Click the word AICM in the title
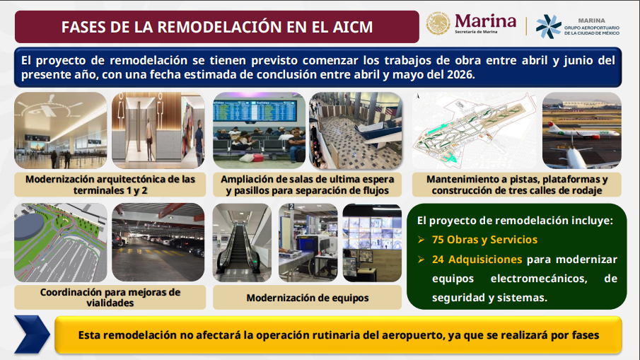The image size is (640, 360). click(x=353, y=27)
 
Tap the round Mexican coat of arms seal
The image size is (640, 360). click(x=438, y=23)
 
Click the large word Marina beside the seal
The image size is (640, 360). click(x=485, y=21)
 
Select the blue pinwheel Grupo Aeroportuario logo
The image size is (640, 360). click(x=548, y=26)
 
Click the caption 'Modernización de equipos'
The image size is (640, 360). click(x=308, y=298)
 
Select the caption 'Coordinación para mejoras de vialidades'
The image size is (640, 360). click(x=110, y=297)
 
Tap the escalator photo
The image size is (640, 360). click(x=242, y=243)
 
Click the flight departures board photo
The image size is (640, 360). click(x=260, y=131)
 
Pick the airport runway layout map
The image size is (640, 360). click(x=475, y=131)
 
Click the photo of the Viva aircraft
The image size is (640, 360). click(x=581, y=131)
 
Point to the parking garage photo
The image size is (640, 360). click(x=158, y=243)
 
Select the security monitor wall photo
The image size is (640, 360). click(x=372, y=243)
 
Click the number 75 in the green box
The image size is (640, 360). click(x=438, y=240)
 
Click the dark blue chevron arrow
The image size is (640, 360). click(x=33, y=335)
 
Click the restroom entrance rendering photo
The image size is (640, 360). click(x=158, y=131)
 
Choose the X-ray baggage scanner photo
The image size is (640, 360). click(x=308, y=243)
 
